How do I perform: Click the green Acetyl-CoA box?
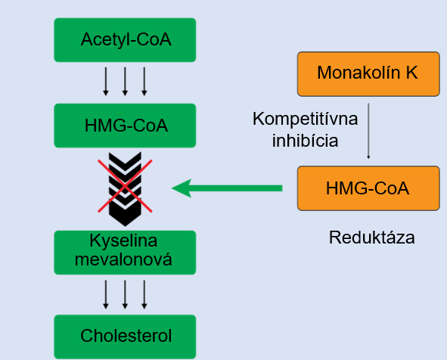click(125, 40)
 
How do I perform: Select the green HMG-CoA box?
click(125, 126)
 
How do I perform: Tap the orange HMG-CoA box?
click(368, 188)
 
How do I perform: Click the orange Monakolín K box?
click(368, 74)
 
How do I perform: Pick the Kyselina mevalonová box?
click(125, 253)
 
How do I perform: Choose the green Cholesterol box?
click(125, 337)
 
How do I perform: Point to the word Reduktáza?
click(371, 237)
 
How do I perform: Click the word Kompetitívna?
click(305, 119)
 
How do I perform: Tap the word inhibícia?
click(305, 141)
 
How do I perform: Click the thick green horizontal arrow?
click(227, 188)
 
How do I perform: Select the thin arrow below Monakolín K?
click(368, 131)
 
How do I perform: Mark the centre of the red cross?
click(125, 186)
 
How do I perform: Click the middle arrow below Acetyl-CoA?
click(125, 81)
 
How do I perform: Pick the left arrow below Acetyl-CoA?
click(105, 81)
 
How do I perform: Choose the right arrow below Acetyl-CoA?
click(144, 81)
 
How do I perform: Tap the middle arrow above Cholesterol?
click(125, 294)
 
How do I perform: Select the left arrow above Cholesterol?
click(105, 294)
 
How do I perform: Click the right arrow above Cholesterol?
click(144, 294)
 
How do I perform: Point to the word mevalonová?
click(123, 259)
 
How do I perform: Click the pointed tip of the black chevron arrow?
click(125, 226)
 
